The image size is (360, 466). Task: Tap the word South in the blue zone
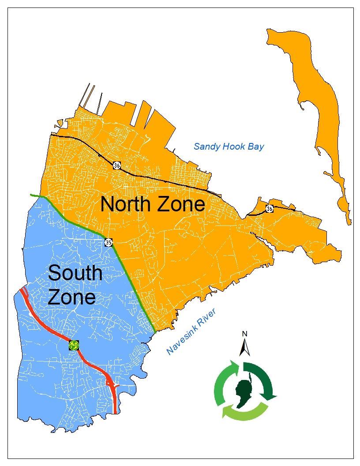coord(75,273)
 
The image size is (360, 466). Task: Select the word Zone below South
coord(71,297)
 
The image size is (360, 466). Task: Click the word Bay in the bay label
coord(255,147)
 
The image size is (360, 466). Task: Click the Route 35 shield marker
coord(109,242)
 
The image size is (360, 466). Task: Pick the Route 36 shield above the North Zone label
coord(116,165)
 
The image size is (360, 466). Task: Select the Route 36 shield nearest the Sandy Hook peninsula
coord(269,208)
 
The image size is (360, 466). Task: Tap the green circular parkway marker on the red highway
coord(74,345)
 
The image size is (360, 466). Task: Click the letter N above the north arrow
coord(244,334)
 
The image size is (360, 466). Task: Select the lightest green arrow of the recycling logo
coord(245,413)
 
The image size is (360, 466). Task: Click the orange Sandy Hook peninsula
coord(318,110)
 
